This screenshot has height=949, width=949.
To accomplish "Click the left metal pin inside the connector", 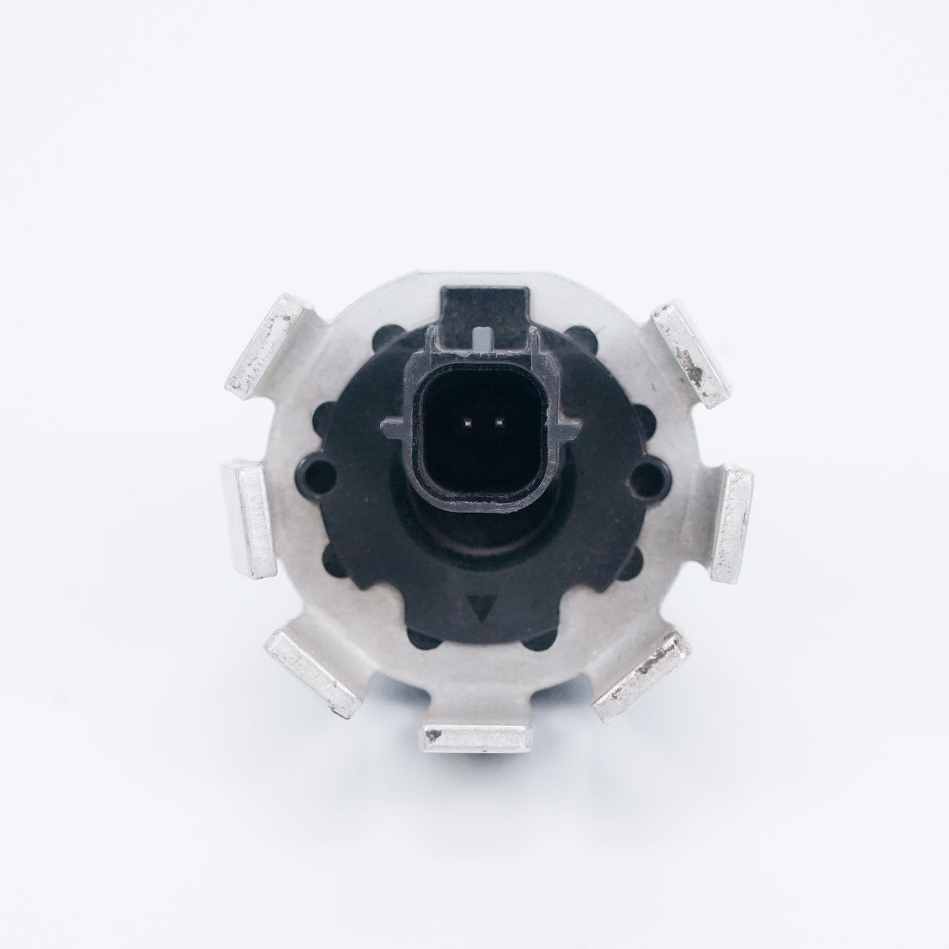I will click(x=465, y=422).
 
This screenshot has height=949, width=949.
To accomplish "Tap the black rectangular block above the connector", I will click(x=485, y=303).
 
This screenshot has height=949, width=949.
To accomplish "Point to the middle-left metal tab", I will click(x=248, y=518).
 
